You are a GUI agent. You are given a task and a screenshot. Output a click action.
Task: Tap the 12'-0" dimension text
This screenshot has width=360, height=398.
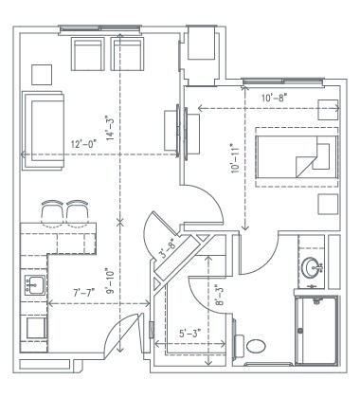coord(85,145)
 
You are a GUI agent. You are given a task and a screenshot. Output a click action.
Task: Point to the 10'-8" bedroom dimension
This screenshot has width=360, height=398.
coord(275,98)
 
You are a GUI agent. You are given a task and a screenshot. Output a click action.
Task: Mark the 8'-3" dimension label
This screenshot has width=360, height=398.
coord(220,294)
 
